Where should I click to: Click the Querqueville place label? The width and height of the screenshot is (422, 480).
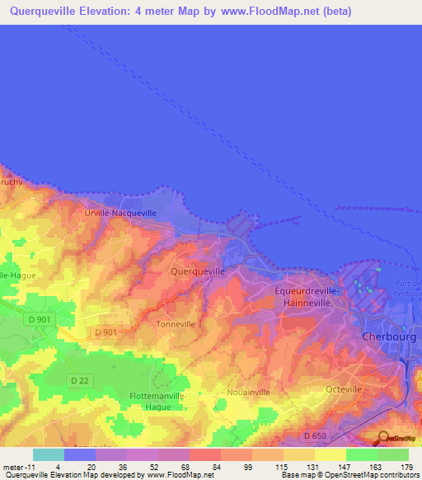coord(197,271)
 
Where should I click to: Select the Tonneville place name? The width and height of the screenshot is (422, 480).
coord(176,324)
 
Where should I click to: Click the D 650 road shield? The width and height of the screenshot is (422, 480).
coord(315,435)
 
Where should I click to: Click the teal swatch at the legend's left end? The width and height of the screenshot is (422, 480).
coord(48,454)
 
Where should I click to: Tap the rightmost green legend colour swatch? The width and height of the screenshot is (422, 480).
coord(393,454)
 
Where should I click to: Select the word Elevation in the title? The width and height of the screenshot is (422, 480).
coord(129,12)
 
